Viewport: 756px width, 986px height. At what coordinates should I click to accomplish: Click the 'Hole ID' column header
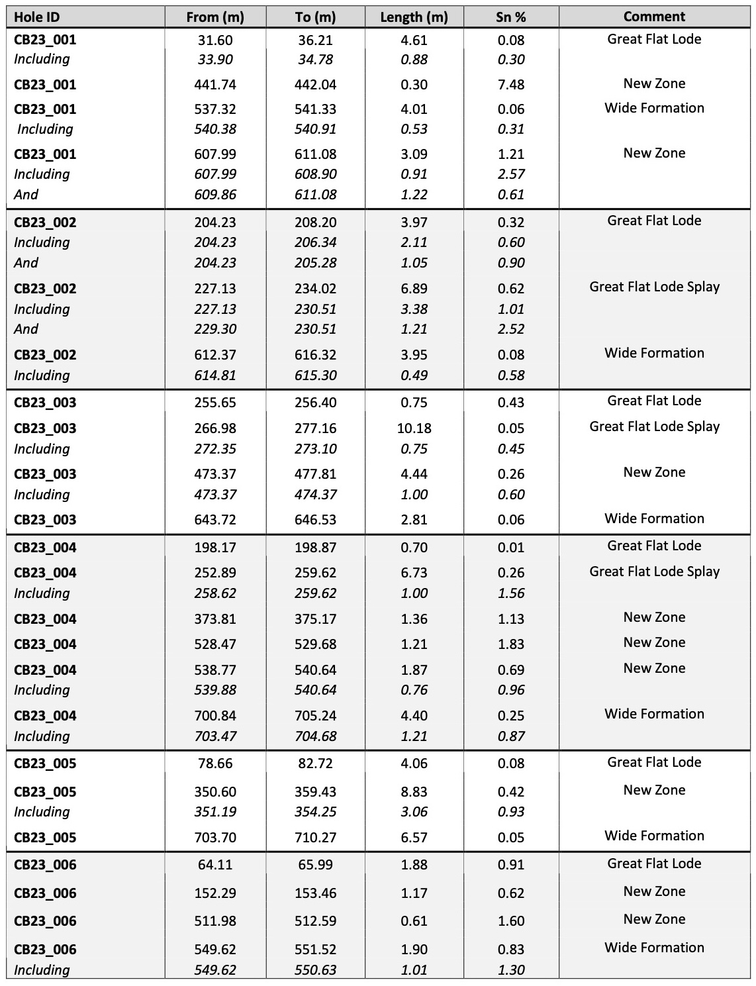click(x=37, y=17)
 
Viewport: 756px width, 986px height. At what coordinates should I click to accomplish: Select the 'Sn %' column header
click(x=511, y=17)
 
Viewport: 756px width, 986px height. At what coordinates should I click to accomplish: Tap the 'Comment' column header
click(x=654, y=17)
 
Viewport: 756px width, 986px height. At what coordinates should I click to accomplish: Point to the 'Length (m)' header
click(x=414, y=17)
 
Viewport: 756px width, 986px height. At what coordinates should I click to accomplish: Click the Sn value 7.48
click(x=511, y=85)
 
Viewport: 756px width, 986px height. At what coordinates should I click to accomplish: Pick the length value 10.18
click(x=414, y=428)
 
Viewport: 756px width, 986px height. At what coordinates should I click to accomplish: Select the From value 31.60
click(x=215, y=40)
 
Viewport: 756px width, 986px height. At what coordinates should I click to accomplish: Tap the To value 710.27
click(x=315, y=838)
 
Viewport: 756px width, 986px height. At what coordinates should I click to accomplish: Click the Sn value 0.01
click(x=511, y=548)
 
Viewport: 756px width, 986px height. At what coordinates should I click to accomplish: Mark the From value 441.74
click(x=215, y=85)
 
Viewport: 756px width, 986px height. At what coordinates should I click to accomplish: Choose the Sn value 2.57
click(x=511, y=174)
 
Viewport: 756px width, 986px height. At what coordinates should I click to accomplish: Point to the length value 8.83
click(x=414, y=792)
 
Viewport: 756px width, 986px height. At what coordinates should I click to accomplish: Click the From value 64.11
click(x=215, y=865)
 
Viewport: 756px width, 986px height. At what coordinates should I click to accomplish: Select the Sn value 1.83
click(x=511, y=644)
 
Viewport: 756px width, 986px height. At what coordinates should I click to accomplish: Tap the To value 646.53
click(x=315, y=520)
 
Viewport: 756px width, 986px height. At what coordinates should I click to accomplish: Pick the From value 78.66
click(x=215, y=764)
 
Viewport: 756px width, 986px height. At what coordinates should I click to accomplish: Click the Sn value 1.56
click(x=511, y=593)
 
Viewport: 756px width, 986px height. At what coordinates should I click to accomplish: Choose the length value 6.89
click(x=414, y=289)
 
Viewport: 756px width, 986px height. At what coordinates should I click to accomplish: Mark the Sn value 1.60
click(x=511, y=921)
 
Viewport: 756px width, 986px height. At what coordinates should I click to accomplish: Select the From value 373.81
click(x=215, y=619)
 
